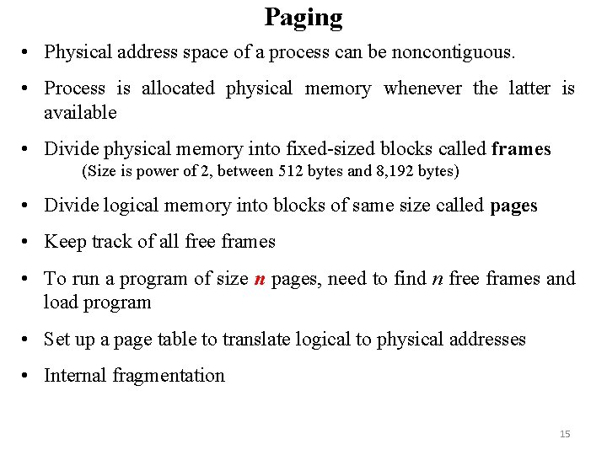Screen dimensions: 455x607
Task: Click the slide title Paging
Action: coord(303,17)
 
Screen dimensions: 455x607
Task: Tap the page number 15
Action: coord(565,434)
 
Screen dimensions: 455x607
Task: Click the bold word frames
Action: coord(521,150)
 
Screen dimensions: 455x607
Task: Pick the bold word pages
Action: coord(513,206)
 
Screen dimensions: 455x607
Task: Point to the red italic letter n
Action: coord(259,279)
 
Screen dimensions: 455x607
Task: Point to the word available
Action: coord(80,112)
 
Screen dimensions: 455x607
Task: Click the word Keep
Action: coord(63,242)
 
